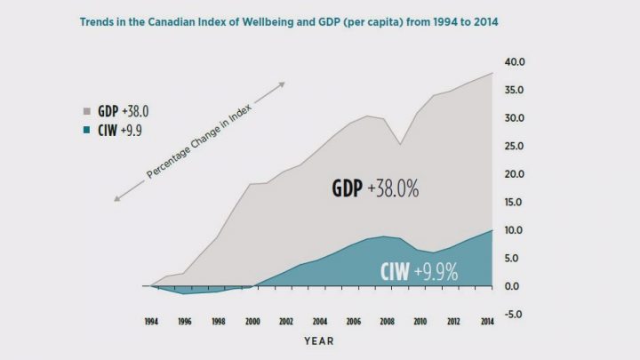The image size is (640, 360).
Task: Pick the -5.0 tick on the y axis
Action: click(516, 314)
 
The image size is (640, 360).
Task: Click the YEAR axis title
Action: click(319, 340)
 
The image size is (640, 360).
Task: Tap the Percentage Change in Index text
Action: click(199, 143)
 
